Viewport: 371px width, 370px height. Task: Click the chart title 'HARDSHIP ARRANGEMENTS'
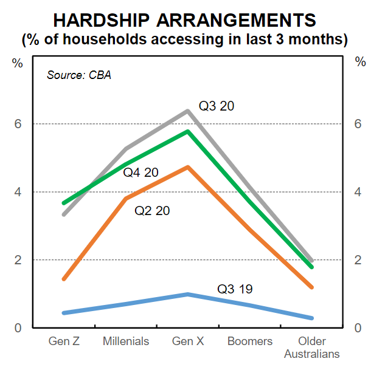point(185,19)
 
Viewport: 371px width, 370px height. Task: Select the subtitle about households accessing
point(185,39)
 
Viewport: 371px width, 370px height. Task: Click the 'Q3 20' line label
point(217,106)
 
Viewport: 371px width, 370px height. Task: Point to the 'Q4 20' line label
point(140,173)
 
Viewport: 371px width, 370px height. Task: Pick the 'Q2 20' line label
point(152,211)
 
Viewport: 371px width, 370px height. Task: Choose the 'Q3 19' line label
point(234,289)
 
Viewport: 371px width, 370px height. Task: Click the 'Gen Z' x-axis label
point(64,341)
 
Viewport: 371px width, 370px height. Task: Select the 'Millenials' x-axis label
point(126,341)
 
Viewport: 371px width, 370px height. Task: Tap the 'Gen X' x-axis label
point(188,341)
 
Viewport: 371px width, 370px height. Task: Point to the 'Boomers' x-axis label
point(250,341)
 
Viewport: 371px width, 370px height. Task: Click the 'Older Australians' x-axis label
point(311,347)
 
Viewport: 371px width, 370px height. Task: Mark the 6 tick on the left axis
point(18,124)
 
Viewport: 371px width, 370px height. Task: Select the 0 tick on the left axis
point(18,328)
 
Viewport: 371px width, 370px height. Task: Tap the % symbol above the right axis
point(360,63)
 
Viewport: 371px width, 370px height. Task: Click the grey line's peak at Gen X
point(188,111)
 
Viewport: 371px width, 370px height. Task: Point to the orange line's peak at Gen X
point(188,166)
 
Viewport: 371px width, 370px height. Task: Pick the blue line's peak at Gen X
point(188,294)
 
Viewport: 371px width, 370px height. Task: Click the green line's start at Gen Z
point(64,203)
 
